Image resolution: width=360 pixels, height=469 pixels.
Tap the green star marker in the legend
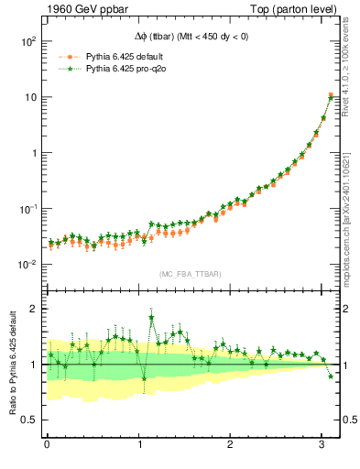pos(65,69)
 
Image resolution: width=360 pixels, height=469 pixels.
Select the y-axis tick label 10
pos(30,97)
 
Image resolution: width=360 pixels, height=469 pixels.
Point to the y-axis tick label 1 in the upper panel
pos(34,153)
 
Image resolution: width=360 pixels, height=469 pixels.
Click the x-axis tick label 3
pos(322,446)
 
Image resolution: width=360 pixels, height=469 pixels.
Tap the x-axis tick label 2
pos(230,446)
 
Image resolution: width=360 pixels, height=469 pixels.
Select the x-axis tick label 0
pos(47,446)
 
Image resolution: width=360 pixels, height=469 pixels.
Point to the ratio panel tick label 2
pos(34,309)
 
